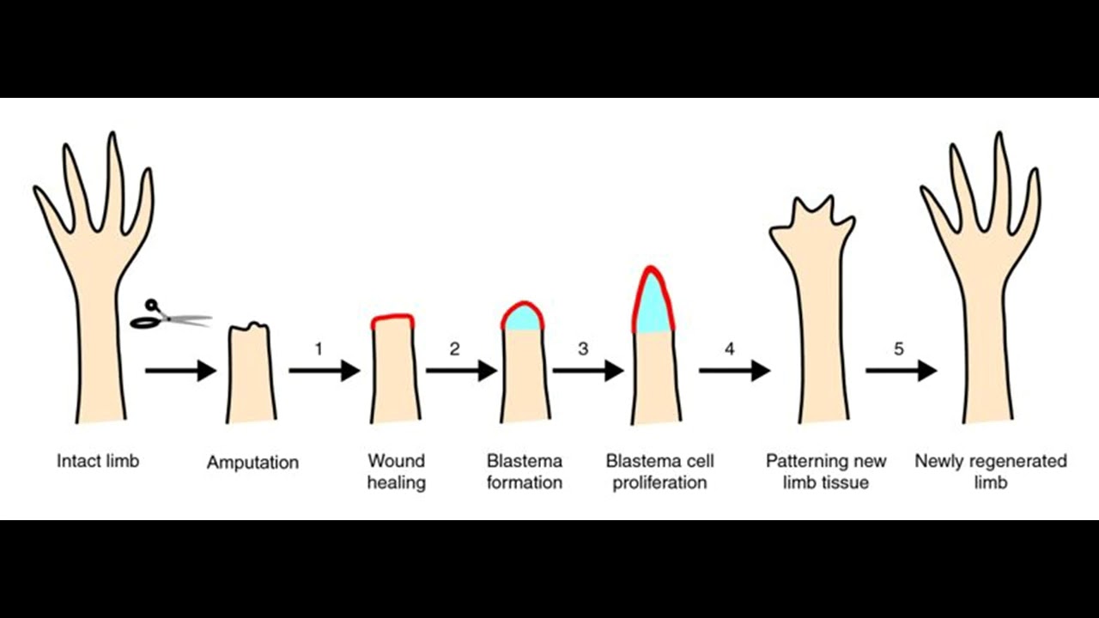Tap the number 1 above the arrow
[x=319, y=349]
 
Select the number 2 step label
[x=454, y=349]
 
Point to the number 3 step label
[x=584, y=349]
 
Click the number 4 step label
[x=730, y=349]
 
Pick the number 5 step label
[x=898, y=349]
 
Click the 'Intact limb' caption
[x=98, y=461]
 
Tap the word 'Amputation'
[x=252, y=463]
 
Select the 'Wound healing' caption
[x=396, y=471]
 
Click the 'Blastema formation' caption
[x=524, y=471]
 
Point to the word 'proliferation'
[x=659, y=482]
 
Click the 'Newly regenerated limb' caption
[x=990, y=471]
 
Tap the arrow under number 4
[x=733, y=371]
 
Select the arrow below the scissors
[x=180, y=371]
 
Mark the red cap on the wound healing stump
[x=393, y=319]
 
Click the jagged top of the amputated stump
[x=251, y=327]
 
